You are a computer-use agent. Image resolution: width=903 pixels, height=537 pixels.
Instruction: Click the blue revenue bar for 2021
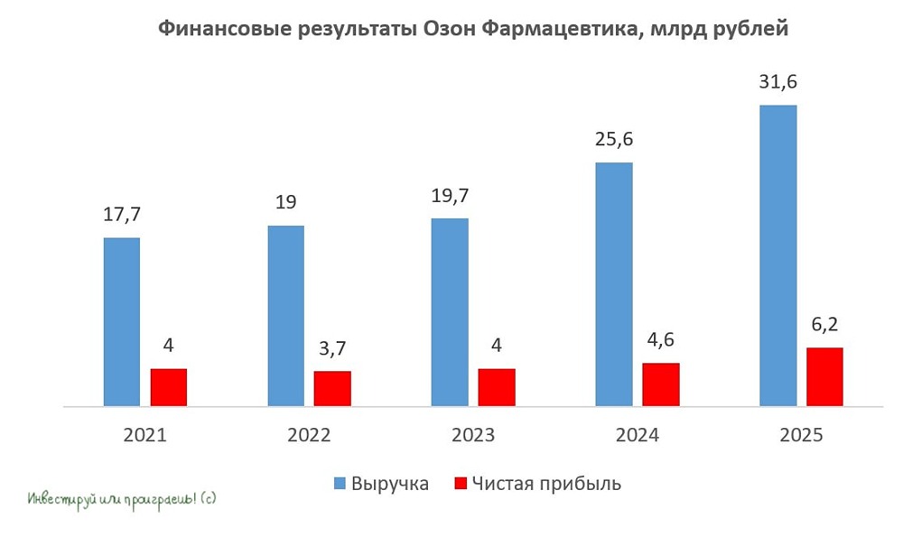tap(122, 322)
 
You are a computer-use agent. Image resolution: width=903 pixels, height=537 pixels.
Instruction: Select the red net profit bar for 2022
tap(332, 389)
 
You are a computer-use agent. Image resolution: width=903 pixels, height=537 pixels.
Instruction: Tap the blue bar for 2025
tap(778, 256)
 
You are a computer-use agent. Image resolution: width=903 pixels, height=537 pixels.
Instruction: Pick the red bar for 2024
tap(661, 385)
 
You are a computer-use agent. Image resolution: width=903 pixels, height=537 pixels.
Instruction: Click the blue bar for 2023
tap(450, 312)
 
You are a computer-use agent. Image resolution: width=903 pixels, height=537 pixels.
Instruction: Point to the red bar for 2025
tap(824, 377)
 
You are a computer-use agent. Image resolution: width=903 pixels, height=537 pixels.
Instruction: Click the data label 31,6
tap(778, 82)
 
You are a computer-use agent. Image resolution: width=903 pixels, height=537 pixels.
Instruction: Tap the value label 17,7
tap(122, 215)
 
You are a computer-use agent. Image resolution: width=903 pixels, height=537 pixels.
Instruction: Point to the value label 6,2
tap(824, 324)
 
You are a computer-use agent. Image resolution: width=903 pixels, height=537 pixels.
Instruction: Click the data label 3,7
tap(332, 347)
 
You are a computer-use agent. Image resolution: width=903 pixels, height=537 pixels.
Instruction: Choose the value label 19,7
tap(450, 195)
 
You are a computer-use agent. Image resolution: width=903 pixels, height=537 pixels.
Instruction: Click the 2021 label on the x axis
tap(145, 435)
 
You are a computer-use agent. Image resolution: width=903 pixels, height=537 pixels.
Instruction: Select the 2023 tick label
tap(473, 435)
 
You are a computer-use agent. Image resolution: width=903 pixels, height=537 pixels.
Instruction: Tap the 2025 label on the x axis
tap(801, 435)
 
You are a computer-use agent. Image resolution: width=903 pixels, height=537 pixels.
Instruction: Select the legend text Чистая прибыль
tap(546, 484)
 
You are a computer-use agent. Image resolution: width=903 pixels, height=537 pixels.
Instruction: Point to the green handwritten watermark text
tap(122, 497)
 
